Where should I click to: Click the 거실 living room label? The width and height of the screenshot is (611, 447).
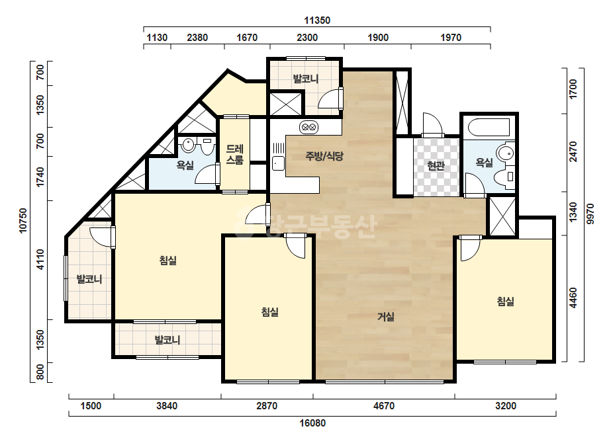(x=386, y=317)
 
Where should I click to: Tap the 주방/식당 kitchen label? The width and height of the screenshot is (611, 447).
(x=324, y=157)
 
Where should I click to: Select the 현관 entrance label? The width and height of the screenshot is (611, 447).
(x=436, y=166)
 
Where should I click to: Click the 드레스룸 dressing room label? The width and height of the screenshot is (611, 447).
(x=234, y=155)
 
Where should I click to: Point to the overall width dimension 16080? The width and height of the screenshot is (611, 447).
(x=312, y=423)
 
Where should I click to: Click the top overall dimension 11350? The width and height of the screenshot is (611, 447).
(x=317, y=20)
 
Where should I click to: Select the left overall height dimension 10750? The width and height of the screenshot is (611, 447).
(x=23, y=220)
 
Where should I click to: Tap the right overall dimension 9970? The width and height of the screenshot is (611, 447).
(x=590, y=214)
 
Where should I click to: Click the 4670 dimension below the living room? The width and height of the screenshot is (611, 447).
(x=384, y=406)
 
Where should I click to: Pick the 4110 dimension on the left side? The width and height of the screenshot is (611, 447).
(x=40, y=259)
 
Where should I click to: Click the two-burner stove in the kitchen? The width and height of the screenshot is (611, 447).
(x=308, y=127)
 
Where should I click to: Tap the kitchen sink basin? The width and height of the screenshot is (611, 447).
(x=278, y=163)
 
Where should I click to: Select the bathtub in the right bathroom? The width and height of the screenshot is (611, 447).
(x=489, y=128)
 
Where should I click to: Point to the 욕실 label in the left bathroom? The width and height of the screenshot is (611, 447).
(x=185, y=165)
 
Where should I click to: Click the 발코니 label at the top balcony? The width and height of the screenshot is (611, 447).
(x=306, y=79)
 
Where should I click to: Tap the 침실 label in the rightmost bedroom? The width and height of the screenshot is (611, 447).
(x=505, y=301)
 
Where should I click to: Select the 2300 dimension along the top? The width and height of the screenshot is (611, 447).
(x=307, y=38)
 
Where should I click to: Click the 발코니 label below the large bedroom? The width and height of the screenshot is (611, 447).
(x=167, y=340)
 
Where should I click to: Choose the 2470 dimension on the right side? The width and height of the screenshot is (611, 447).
(x=573, y=152)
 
